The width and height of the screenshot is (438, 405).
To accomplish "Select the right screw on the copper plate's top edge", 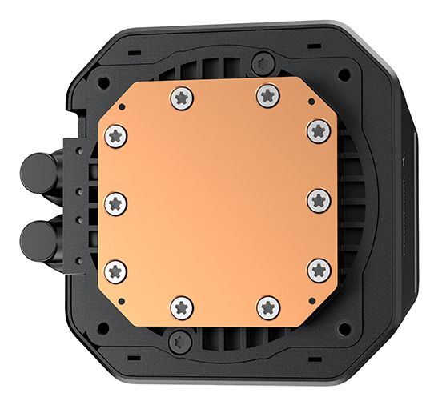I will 267,96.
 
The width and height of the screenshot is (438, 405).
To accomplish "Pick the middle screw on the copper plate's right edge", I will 319,200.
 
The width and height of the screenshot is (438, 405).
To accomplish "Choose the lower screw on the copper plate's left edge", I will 118,271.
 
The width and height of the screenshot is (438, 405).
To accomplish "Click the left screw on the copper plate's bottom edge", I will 181,306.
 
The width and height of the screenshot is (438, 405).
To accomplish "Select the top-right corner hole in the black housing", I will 344,74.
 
